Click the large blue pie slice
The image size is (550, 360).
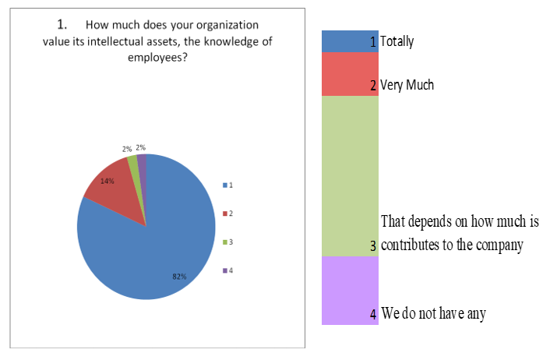click(x=156, y=242)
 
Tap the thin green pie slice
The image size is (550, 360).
click(x=133, y=162)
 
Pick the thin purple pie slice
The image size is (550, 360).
click(x=142, y=161)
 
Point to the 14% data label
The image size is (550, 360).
click(x=108, y=181)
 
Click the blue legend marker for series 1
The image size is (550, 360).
click(x=224, y=185)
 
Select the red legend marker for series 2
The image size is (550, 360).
click(x=224, y=213)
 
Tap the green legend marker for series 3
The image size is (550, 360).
click(x=224, y=242)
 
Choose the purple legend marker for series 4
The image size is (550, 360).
click(x=224, y=270)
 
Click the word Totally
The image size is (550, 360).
click(x=397, y=42)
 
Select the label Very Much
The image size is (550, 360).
click(x=407, y=85)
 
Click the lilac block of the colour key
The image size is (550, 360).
click(x=350, y=290)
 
